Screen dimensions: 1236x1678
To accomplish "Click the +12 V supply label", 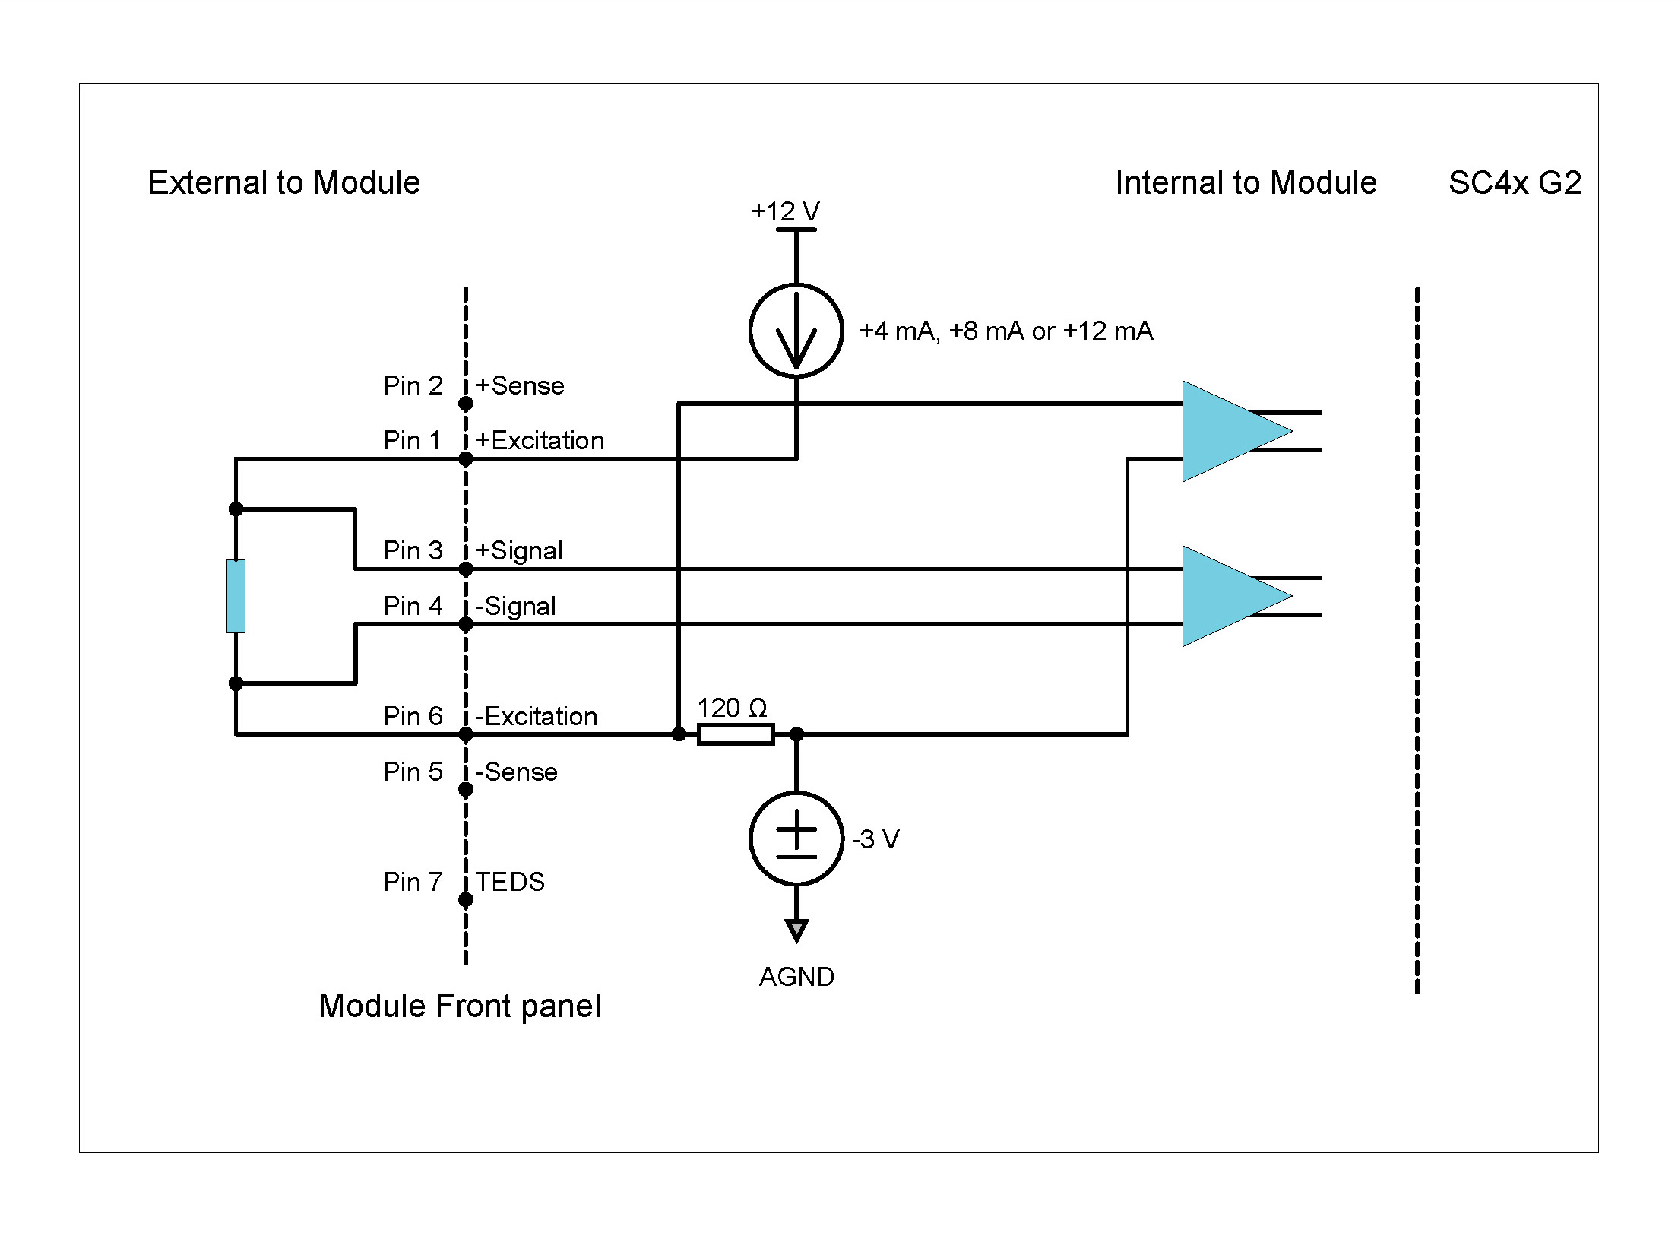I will [785, 211].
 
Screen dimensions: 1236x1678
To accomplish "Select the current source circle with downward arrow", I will [796, 331].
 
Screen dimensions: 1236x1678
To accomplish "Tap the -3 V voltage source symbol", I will [796, 839].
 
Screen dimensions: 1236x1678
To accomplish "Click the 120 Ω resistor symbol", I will [735, 734].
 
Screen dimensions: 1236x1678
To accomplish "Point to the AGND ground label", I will [796, 977].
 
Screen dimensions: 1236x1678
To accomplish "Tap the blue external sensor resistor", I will [236, 596].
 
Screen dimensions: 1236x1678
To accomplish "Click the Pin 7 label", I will [413, 882].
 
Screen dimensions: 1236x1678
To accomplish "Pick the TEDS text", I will [510, 882].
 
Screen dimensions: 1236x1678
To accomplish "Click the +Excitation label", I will [540, 441].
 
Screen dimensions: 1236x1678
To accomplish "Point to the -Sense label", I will [516, 772].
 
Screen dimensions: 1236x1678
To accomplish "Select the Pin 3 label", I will [413, 550].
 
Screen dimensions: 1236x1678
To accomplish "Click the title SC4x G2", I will [1514, 183].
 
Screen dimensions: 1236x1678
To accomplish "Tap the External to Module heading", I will [283, 183].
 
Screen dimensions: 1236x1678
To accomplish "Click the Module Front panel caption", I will [460, 1006].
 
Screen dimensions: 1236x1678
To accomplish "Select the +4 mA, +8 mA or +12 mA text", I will [1006, 331].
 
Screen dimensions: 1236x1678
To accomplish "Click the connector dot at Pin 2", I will [466, 404].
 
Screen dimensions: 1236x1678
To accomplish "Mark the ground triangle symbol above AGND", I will [796, 930].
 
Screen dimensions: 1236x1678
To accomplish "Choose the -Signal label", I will [515, 607].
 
